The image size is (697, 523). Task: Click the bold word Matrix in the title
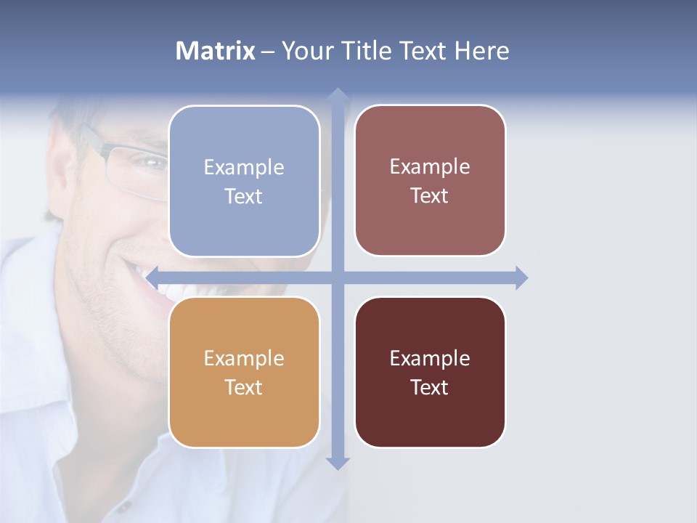pos(215,51)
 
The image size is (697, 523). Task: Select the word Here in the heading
pos(482,51)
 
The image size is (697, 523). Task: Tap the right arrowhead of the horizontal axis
pos(521,277)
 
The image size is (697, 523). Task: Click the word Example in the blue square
pos(244,168)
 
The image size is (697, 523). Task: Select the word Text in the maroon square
pos(430,387)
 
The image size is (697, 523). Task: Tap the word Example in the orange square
pos(244,358)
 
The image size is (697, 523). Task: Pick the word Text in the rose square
pos(430,196)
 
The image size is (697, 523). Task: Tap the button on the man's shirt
pos(125,506)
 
